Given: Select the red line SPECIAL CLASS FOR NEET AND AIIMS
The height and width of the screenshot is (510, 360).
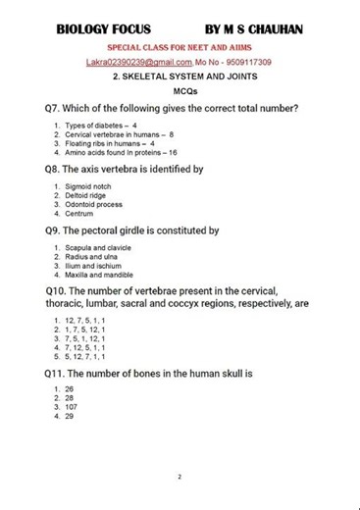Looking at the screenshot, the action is [180, 47].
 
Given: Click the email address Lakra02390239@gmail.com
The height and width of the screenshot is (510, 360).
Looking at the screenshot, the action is [138, 62].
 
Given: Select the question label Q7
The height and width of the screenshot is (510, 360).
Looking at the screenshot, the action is [55, 108].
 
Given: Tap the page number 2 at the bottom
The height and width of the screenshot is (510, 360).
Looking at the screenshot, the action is [180, 478].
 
